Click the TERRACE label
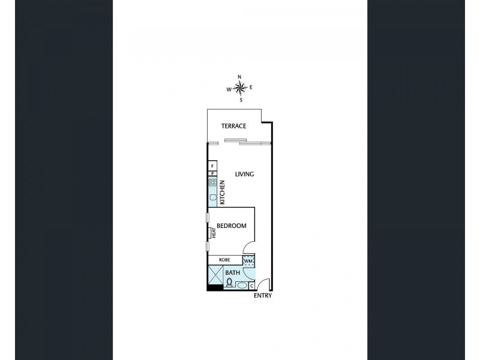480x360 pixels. (x=233, y=126)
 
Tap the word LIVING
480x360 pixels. (x=244, y=175)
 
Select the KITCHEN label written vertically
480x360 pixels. (x=222, y=193)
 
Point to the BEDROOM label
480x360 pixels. (x=232, y=226)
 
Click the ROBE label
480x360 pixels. (x=224, y=260)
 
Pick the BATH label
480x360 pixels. (x=232, y=273)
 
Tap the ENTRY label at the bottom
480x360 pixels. (x=262, y=296)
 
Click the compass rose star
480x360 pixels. (x=240, y=89)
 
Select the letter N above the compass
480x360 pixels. (x=239, y=77)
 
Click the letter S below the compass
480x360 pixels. (x=241, y=100)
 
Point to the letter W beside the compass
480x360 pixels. (x=229, y=89)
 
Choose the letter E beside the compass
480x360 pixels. (x=251, y=88)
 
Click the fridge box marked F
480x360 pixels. (x=212, y=165)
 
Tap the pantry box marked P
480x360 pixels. (x=212, y=173)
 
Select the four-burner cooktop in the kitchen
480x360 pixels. (x=212, y=182)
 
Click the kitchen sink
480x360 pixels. (x=212, y=196)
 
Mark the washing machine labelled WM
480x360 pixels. (x=249, y=261)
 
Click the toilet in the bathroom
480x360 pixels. (x=229, y=282)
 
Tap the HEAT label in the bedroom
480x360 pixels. (x=213, y=232)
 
